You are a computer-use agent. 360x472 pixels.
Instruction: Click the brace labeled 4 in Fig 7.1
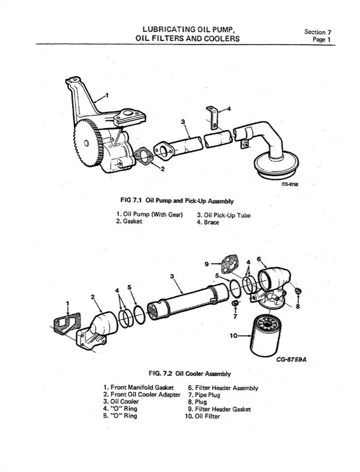click(212, 118)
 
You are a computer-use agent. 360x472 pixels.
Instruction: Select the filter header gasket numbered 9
click(229, 264)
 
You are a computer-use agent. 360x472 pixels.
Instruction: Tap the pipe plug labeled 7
click(235, 306)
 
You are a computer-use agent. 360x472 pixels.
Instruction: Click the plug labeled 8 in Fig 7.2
click(298, 292)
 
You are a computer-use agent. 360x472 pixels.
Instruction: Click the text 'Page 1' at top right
click(321, 40)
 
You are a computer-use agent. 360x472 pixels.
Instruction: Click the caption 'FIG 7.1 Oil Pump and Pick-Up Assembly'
click(177, 201)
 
